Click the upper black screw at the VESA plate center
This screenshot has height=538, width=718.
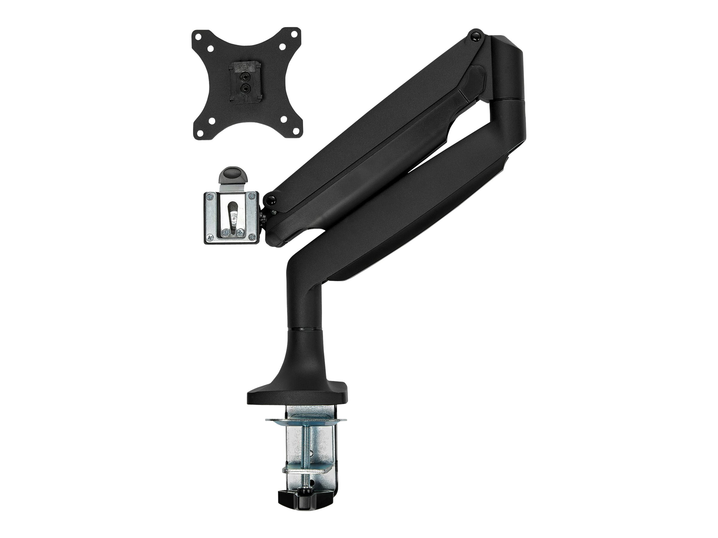244,77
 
